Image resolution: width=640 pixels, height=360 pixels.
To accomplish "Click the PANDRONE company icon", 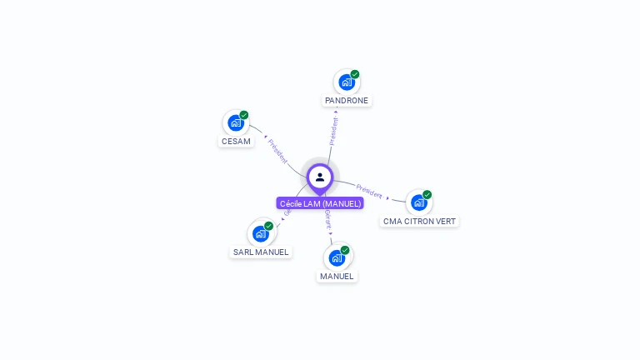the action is tap(346, 82).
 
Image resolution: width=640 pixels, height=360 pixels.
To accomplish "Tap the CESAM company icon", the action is tap(236, 123).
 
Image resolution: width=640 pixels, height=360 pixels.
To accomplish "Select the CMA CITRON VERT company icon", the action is tap(418, 202).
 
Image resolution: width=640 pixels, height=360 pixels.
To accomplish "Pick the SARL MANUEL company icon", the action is tap(260, 233).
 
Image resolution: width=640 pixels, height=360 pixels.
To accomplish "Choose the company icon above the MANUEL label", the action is tap(337, 257).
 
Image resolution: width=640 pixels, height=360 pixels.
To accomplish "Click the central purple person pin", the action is tap(320, 177).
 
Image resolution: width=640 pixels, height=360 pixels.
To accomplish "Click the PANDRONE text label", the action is tap(347, 100).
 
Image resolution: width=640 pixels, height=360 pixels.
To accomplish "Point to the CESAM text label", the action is tap(236, 141).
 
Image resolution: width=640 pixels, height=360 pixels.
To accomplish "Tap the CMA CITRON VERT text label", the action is tap(419, 221).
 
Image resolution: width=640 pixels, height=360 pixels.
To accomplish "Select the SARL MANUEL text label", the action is tap(261, 252).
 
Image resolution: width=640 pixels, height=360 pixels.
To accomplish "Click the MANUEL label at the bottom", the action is tap(337, 276).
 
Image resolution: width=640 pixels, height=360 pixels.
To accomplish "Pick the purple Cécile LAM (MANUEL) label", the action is tap(320, 203).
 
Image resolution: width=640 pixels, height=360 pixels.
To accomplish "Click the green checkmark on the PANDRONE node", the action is tap(355, 74).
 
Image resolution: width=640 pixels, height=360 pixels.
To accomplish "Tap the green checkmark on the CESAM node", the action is tap(244, 115).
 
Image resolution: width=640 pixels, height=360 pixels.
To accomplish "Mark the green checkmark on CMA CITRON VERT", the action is tap(427, 194).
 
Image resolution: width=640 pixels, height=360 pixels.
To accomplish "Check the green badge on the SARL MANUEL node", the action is tap(269, 225).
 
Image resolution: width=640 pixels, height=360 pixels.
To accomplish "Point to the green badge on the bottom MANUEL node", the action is tap(345, 249).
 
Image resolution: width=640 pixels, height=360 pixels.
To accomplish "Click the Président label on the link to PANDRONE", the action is tap(334, 132).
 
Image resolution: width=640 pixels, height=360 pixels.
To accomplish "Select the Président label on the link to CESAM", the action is tap(277, 150).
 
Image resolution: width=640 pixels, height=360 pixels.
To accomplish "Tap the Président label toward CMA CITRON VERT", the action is tap(369, 191).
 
